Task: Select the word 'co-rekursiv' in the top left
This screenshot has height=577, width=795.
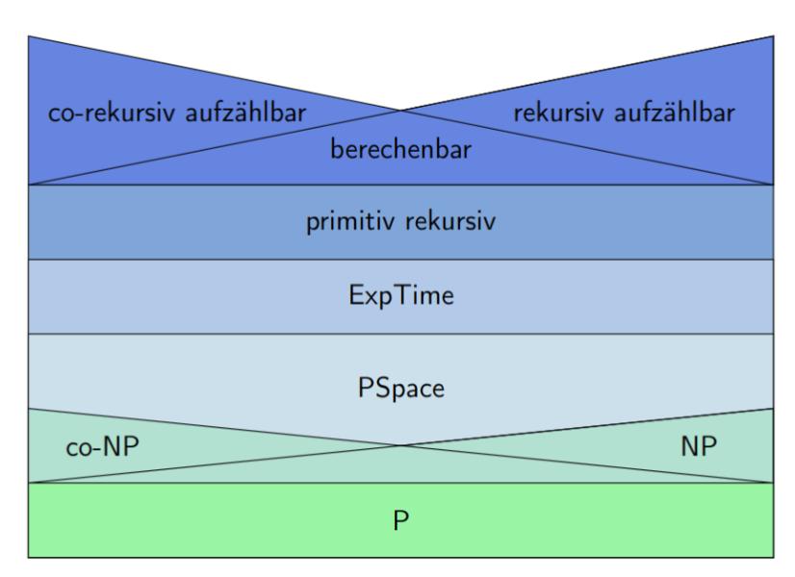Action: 105,112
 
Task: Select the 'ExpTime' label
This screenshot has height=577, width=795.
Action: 401,297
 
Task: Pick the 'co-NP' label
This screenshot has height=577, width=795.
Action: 98,448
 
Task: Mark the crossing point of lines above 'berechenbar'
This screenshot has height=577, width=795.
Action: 399,111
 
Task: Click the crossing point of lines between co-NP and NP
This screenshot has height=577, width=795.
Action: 399,445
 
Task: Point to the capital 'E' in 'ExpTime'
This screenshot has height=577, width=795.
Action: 357,296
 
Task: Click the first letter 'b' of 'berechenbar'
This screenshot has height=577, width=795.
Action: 336,150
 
